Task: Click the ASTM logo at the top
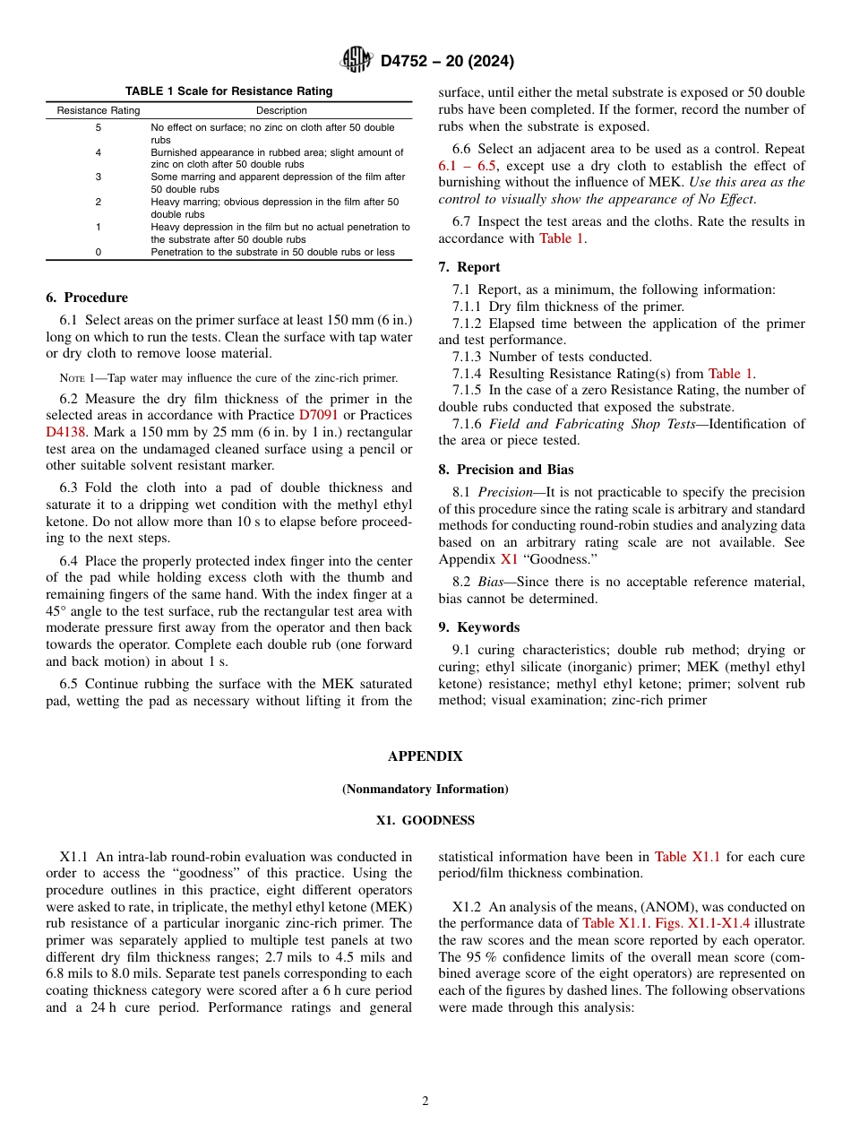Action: point(356,60)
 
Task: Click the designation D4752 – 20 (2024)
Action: point(447,61)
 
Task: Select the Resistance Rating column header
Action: point(99,110)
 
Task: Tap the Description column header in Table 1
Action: point(281,110)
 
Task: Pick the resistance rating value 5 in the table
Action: point(99,128)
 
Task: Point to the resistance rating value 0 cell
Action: point(99,252)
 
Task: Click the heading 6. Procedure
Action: point(87,298)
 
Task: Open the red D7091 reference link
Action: point(318,415)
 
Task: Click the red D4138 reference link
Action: point(66,431)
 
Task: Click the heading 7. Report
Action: point(469,267)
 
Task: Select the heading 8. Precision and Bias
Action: point(506,470)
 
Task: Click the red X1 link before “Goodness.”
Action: point(509,559)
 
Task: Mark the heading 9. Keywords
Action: point(478,627)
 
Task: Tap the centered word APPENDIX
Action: point(425,756)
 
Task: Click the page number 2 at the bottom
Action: point(425,1101)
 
